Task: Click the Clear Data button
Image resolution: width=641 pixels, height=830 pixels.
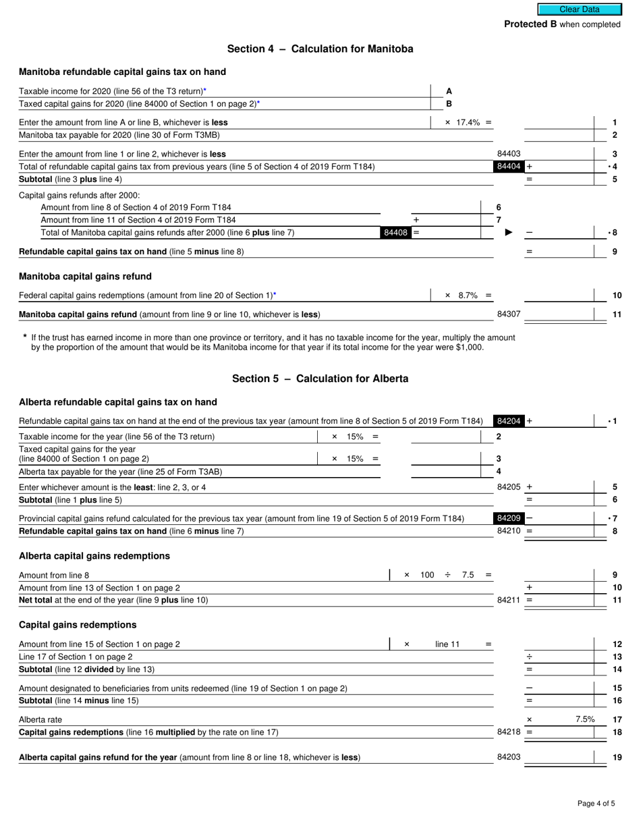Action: (x=579, y=9)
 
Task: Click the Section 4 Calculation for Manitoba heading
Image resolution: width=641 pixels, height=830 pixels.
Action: (x=320, y=49)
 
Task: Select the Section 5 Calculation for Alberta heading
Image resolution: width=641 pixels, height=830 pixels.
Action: (x=320, y=379)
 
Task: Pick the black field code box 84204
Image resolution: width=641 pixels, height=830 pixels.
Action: (x=508, y=421)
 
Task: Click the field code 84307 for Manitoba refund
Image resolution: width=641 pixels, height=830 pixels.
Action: (x=509, y=314)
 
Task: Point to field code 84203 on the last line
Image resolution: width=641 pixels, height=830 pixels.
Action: (x=509, y=757)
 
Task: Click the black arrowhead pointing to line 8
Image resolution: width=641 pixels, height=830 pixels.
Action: (x=509, y=233)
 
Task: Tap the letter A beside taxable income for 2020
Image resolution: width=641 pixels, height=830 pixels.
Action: (x=449, y=91)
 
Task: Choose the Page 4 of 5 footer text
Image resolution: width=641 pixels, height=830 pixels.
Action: (x=596, y=803)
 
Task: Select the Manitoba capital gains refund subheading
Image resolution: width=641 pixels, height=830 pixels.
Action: (x=85, y=276)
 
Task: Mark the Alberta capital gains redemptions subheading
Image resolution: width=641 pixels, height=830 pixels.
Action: (x=94, y=556)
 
